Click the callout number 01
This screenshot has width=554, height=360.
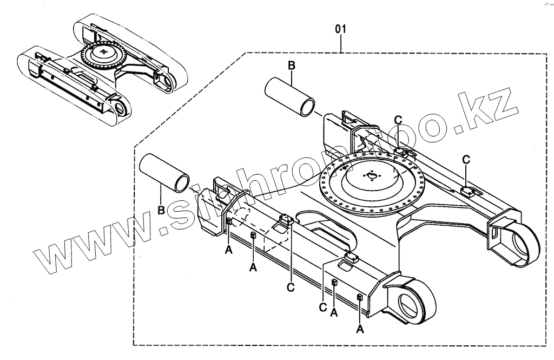tap(340, 29)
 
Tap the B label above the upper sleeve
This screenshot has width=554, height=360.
tap(291, 66)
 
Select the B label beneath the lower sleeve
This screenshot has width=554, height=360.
tap(161, 210)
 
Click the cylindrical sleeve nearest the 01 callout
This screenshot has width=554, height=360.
tap(291, 96)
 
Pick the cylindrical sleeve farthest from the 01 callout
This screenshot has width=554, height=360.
tap(164, 173)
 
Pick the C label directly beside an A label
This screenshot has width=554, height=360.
tap(324, 307)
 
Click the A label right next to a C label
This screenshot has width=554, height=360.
tap(334, 313)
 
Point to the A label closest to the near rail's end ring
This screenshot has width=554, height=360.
tap(359, 328)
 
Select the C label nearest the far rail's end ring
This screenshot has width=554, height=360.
tap(466, 159)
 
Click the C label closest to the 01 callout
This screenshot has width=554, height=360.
tap(398, 120)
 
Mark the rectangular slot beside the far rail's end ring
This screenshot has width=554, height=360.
tap(494, 231)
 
